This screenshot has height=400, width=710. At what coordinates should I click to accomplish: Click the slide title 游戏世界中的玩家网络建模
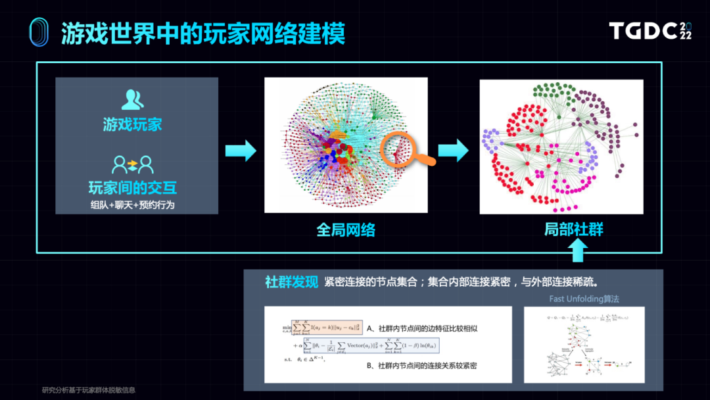[203, 34]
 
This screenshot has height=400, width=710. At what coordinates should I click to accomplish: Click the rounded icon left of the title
[39, 33]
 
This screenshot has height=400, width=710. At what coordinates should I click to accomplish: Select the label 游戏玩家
[132, 124]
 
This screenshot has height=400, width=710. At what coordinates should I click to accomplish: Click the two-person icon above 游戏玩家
[133, 99]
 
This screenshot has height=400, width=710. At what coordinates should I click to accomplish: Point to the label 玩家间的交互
[132, 187]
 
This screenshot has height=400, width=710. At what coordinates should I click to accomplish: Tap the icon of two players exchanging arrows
[133, 163]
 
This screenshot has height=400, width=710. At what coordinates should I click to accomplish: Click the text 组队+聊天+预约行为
[132, 205]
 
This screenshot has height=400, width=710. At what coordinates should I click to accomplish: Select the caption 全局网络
[346, 230]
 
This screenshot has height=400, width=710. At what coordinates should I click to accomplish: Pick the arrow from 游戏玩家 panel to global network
[240, 151]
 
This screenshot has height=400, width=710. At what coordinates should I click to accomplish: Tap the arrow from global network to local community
[453, 151]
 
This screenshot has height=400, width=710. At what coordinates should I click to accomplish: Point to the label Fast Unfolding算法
[584, 299]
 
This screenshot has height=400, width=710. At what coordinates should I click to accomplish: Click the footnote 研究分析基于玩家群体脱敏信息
[89, 390]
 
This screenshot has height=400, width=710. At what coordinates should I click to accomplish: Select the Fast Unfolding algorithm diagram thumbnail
[584, 345]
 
